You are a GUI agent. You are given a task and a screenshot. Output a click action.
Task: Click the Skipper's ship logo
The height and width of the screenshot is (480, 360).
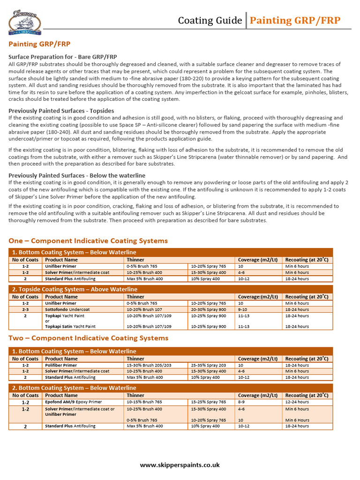[25, 22]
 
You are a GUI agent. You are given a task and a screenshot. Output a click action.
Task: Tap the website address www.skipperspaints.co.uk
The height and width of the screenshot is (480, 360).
[180, 465]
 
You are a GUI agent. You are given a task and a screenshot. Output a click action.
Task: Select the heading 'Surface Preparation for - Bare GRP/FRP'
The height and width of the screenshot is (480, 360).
[63, 57]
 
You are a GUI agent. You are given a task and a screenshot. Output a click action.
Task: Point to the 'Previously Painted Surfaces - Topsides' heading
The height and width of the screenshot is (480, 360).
[61, 111]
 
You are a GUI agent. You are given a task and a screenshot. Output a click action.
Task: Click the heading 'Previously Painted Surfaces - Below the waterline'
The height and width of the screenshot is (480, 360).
[77, 175]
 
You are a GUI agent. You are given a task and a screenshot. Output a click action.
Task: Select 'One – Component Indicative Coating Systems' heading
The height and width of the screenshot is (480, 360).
[88, 241]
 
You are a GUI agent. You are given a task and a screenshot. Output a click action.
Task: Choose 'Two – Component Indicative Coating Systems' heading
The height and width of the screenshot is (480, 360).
[89, 338]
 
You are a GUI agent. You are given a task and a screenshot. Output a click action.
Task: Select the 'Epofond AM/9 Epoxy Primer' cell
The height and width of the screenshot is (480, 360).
[74, 402]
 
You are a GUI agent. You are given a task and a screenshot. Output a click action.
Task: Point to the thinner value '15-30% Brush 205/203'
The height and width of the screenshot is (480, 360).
[148, 365]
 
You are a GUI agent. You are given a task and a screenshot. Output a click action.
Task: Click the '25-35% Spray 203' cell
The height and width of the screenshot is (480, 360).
[209, 365]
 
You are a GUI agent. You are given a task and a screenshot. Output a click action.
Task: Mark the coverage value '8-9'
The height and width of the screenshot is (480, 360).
[242, 402]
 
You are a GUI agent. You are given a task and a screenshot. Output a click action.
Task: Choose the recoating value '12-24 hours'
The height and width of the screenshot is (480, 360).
[297, 402]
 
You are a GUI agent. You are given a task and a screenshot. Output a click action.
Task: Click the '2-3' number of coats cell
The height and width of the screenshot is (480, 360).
[25, 310]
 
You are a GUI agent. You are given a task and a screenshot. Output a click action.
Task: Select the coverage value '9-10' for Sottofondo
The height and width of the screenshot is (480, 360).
[243, 310]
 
